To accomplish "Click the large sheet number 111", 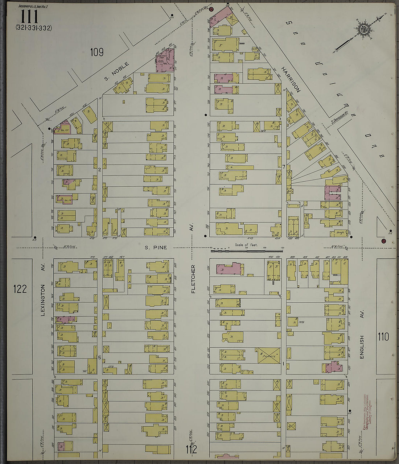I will click(x=29, y=16).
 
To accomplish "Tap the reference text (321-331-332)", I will click(x=34, y=28).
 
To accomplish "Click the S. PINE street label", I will click(x=156, y=248).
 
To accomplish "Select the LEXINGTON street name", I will click(x=43, y=300).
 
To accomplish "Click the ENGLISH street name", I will click(x=361, y=347).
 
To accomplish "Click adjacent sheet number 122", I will click(x=20, y=289).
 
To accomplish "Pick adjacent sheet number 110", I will click(x=383, y=337).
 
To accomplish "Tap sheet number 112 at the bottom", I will click(x=192, y=450).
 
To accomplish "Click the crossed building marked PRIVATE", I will click(x=269, y=355).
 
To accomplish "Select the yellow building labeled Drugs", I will click(x=340, y=233).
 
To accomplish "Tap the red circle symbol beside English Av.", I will click(x=383, y=241).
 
